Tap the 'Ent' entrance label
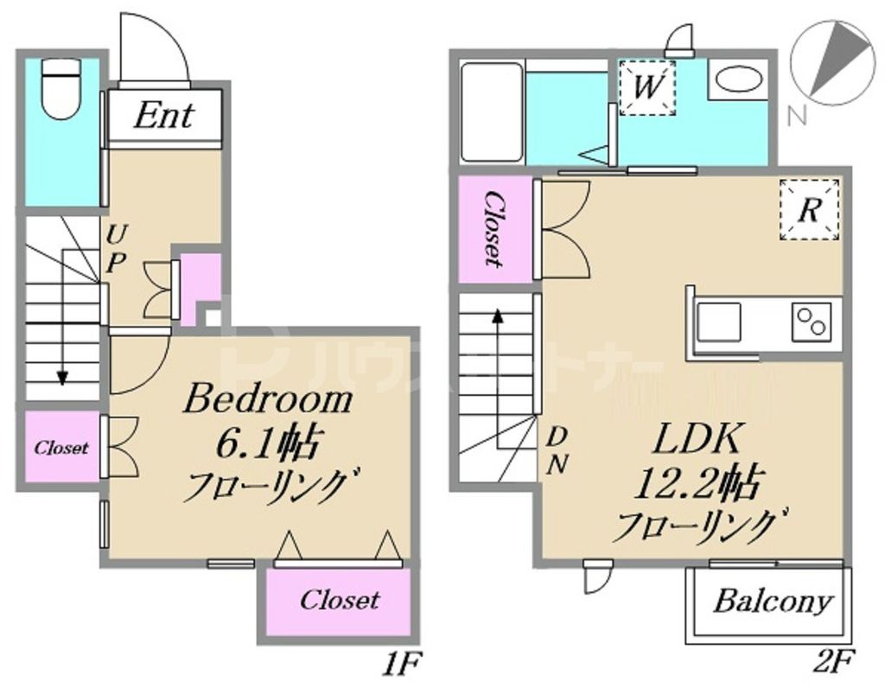pos(163,117)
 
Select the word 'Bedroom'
pos(268,399)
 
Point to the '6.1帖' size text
pos(267,444)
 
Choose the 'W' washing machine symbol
pos(647,86)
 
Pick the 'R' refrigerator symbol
pos(808,210)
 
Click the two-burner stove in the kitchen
pos(812,323)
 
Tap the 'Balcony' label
pos(773,602)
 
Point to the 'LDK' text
pos(696,440)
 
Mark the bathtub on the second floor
pos(491,111)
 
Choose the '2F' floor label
pos(835,665)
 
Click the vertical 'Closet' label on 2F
pos(493,228)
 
